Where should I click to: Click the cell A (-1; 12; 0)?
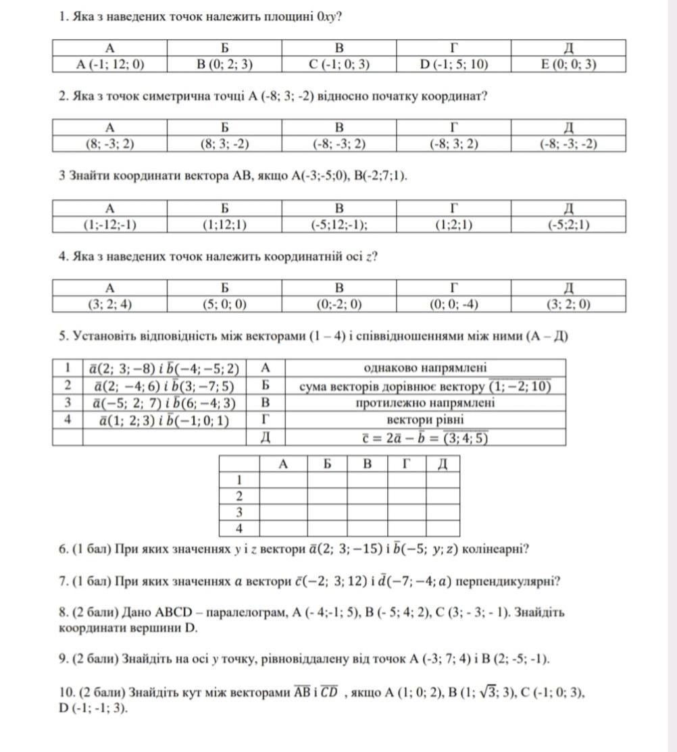110,64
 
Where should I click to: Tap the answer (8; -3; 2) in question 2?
110,144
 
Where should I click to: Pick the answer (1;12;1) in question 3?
224,225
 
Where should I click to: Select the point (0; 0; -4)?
453,304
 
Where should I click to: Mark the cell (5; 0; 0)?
224,304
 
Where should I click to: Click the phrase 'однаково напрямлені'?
425,368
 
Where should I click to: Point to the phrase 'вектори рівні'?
425,420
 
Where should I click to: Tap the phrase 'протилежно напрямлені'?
425,403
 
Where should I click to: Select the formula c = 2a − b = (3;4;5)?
425,437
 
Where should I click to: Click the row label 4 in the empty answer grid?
239,528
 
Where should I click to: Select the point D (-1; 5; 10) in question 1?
453,64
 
